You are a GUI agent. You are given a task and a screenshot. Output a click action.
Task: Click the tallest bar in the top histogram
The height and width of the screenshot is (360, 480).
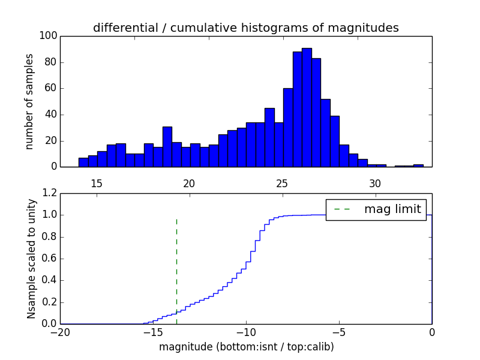coord(307,108)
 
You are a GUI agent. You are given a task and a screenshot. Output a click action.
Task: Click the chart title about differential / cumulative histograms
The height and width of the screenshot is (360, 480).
coord(246,28)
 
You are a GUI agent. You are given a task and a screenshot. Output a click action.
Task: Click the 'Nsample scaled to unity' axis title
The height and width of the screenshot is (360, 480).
coord(31,258)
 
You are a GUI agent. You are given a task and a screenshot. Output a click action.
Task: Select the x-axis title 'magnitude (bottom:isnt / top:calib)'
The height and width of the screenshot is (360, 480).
coord(246,347)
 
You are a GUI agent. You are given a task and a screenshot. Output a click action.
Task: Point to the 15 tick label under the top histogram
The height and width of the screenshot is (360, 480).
coord(97,184)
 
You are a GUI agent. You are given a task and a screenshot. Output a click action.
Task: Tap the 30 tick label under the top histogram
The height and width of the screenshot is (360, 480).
coord(375,184)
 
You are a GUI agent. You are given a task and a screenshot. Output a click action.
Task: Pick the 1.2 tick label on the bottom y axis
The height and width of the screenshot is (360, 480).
coord(50,193)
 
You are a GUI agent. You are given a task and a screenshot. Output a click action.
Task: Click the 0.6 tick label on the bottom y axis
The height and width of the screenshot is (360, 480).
coord(50,259)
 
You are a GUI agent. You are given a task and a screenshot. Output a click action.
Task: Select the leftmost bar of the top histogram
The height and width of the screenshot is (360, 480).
coord(83,163)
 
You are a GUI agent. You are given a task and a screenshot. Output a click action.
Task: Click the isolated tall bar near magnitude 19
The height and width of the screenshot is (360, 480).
coord(167,147)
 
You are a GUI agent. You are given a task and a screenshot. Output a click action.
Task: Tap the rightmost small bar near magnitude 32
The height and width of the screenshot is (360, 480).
coord(418,166)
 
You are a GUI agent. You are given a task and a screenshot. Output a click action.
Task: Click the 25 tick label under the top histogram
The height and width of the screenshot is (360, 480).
coord(282,184)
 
